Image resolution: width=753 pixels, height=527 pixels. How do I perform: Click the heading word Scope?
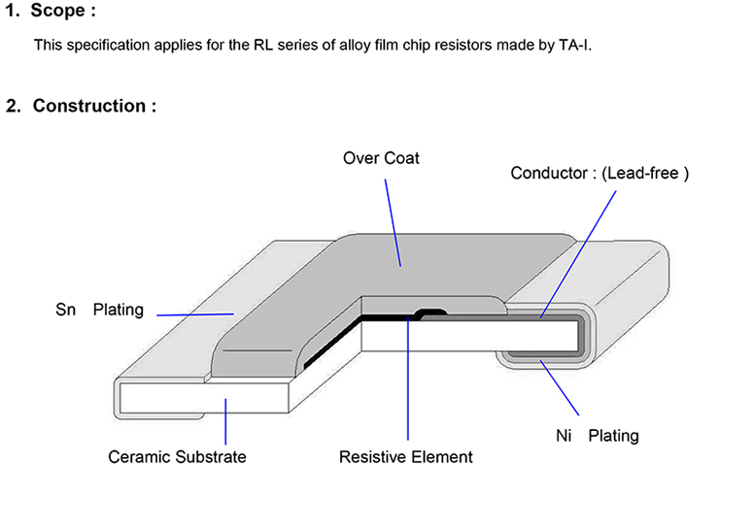(59, 13)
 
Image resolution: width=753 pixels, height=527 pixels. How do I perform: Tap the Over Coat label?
(381, 157)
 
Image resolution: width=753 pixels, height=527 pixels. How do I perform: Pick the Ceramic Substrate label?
(177, 456)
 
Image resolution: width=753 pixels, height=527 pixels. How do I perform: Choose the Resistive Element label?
(405, 456)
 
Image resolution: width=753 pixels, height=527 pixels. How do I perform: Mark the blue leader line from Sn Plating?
(194, 313)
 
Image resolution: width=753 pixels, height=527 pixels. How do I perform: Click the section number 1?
(12, 13)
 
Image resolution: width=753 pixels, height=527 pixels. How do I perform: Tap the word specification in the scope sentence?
(106, 46)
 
